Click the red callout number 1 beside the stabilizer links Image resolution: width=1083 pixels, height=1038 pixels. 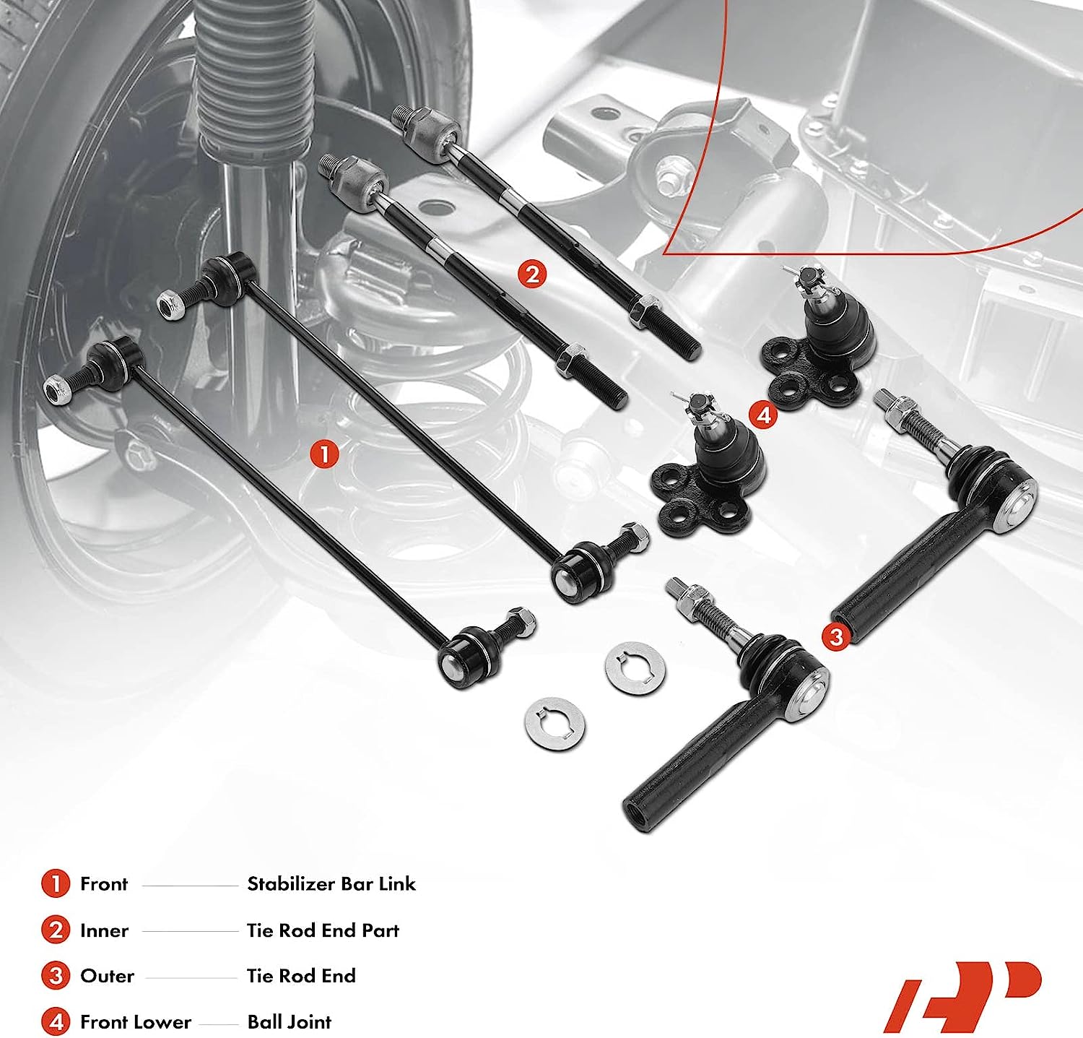coord(324,454)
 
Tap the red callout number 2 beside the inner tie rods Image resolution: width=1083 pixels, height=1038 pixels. coord(532,274)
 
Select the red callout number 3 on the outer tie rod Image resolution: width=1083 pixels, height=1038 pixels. coord(836,636)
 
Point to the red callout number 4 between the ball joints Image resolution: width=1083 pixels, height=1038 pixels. coord(763,415)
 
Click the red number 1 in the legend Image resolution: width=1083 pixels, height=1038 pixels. coord(56,884)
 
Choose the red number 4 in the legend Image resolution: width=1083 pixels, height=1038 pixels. coord(56,1022)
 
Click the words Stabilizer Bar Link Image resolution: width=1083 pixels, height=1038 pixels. coord(331,884)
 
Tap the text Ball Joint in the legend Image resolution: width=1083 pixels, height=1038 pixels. coord(289,1022)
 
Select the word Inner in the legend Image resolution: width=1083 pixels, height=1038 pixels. coord(104,930)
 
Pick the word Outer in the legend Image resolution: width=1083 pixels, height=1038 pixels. coord(107,976)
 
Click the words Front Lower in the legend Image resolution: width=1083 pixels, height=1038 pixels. coord(136,1022)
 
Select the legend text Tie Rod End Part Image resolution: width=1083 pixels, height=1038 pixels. coord(323,930)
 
